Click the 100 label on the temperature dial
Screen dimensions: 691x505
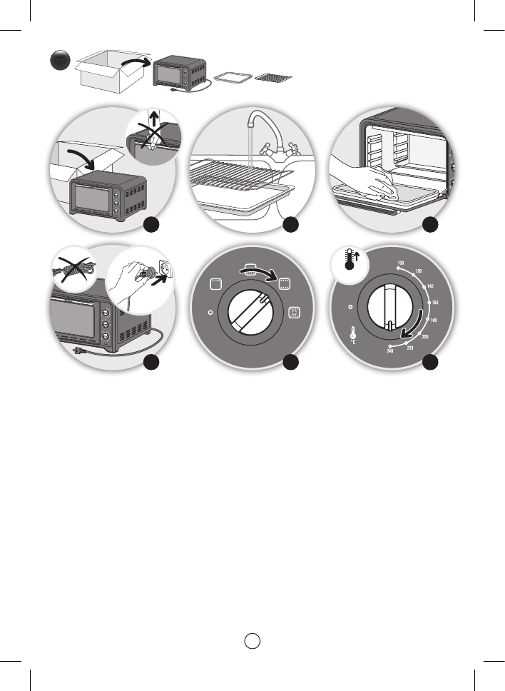point(401,264)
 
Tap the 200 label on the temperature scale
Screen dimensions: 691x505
point(425,336)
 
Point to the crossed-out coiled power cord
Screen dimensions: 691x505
point(71,268)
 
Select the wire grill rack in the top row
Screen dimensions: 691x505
point(273,76)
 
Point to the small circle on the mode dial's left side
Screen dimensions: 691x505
point(209,312)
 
